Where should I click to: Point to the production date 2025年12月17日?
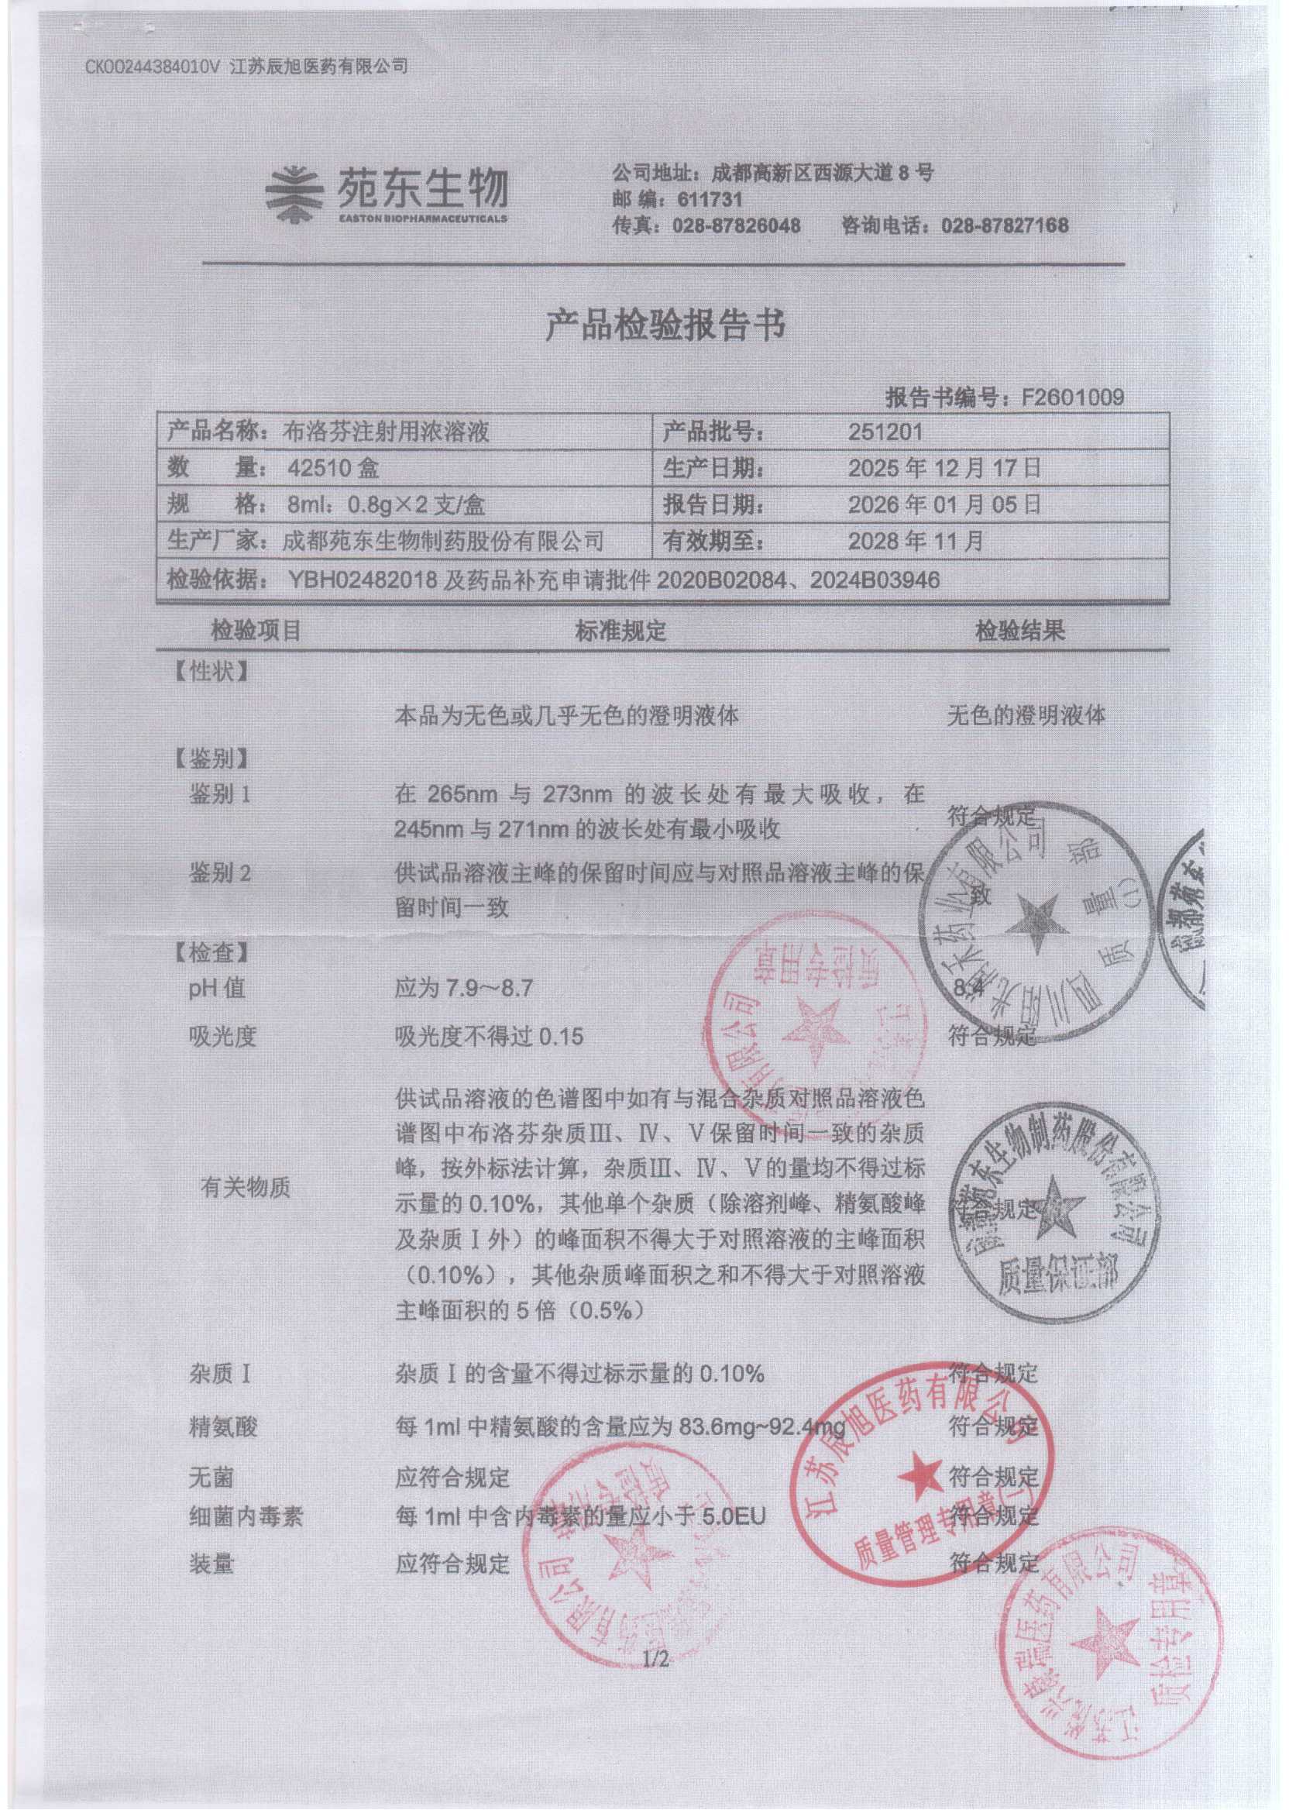point(944,467)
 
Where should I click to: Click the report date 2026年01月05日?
point(944,504)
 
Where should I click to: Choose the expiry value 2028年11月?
point(915,542)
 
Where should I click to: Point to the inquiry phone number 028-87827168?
point(1004,226)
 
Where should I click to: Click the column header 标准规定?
point(620,631)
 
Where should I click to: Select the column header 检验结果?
point(1019,631)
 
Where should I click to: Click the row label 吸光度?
point(222,1036)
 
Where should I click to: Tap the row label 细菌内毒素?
point(246,1518)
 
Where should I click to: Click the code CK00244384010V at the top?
point(152,67)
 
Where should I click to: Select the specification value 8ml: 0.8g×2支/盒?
point(387,505)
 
